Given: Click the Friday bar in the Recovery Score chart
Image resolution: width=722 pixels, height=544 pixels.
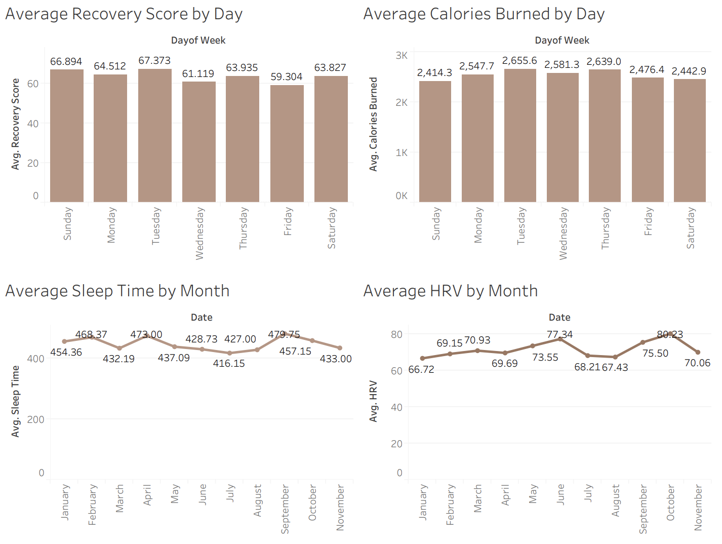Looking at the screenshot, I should click(287, 144).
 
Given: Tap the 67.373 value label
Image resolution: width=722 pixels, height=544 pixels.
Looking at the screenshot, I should click(154, 61).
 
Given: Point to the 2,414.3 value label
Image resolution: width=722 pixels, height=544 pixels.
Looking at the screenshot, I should click(434, 73).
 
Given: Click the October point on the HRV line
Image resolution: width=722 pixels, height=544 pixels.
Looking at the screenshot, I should click(670, 334).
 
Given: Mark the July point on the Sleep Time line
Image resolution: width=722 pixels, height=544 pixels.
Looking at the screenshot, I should click(230, 353).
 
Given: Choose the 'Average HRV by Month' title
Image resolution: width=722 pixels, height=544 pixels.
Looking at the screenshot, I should click(450, 291).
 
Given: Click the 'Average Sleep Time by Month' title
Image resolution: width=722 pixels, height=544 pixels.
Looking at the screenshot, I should click(117, 291).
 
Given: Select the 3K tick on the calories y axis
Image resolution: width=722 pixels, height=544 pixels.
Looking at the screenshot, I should click(402, 56).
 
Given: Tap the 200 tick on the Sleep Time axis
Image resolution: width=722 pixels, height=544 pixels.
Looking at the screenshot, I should click(35, 419).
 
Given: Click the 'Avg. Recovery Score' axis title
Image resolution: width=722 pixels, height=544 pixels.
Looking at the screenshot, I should click(16, 124).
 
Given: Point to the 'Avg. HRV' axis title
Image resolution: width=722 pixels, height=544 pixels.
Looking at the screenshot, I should click(374, 401).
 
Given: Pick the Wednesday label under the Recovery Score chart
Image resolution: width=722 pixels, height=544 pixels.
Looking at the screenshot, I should click(199, 233).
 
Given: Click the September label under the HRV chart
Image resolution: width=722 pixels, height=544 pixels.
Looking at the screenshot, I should click(643, 509).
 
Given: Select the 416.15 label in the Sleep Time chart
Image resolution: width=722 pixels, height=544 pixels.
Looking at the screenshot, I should click(229, 364).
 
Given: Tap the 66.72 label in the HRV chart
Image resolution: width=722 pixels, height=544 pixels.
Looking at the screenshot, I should click(421, 370).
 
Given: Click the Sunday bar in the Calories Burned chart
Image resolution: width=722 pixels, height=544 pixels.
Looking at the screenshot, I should click(435, 142).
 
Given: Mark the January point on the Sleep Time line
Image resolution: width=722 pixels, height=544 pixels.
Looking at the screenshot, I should click(64, 341).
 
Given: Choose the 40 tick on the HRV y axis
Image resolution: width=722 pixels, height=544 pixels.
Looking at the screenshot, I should click(396, 407).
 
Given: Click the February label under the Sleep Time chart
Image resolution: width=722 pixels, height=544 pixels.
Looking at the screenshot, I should click(92, 504).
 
